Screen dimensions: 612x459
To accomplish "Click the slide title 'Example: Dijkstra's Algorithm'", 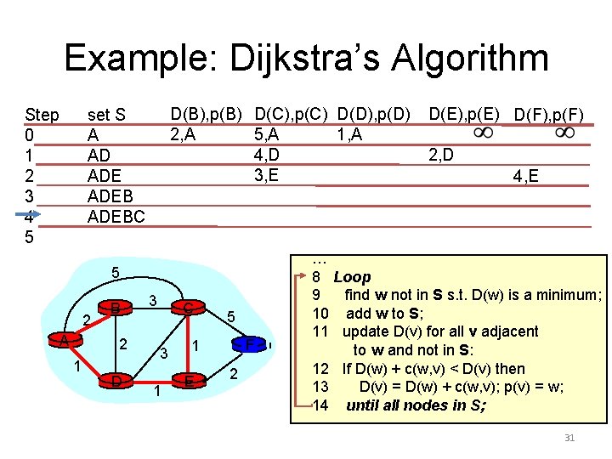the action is pyautogui.click(x=306, y=59).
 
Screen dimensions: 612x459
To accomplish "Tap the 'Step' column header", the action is pyautogui.click(x=42, y=115).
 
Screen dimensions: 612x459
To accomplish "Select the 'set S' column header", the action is pyautogui.click(x=107, y=115).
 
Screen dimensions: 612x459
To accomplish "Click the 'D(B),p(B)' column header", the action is pyautogui.click(x=207, y=113).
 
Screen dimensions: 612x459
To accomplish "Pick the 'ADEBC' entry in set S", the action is pyautogui.click(x=116, y=217).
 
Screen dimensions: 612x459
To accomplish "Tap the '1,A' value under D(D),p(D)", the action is pyautogui.click(x=348, y=133).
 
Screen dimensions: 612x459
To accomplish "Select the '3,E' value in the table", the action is pyautogui.click(x=267, y=176).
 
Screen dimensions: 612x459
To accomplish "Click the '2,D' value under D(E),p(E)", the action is pyautogui.click(x=440, y=155).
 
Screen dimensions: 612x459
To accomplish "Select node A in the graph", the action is pyautogui.click(x=63, y=339).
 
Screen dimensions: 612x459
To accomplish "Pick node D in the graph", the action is pyautogui.click(x=114, y=380).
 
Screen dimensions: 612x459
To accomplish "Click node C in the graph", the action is pyautogui.click(x=186, y=307).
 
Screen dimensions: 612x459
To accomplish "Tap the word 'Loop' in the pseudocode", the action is pyautogui.click(x=352, y=277).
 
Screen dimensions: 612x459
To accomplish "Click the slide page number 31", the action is pyautogui.click(x=569, y=438).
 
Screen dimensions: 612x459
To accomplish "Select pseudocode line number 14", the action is pyautogui.click(x=320, y=405).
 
